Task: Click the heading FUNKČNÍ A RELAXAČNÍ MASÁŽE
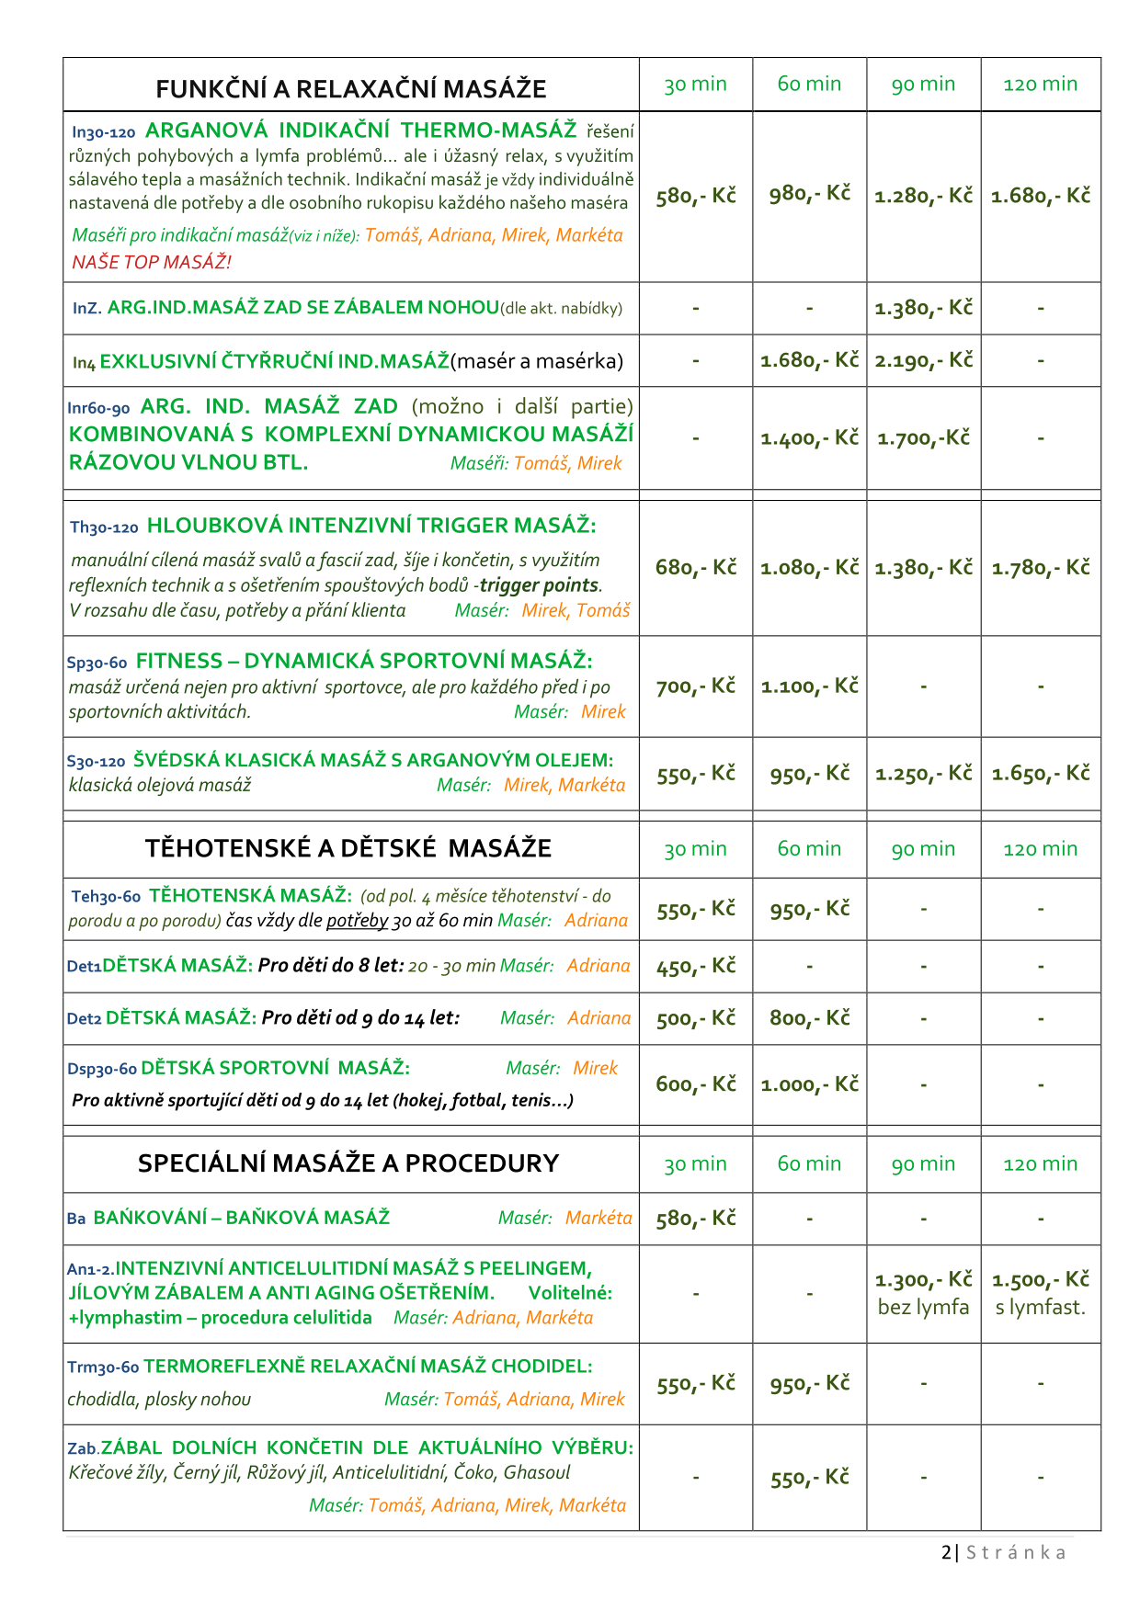click(x=350, y=89)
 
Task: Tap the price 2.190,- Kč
click(x=923, y=360)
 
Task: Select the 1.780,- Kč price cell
click(x=1040, y=568)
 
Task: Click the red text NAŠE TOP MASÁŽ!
click(x=152, y=262)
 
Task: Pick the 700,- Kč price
click(x=695, y=686)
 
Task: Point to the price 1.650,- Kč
click(x=1040, y=774)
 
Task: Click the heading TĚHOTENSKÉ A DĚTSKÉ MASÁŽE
click(x=348, y=848)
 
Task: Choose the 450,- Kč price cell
click(x=695, y=966)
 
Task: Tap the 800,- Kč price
click(x=809, y=1018)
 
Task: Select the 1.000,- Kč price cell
click(x=809, y=1084)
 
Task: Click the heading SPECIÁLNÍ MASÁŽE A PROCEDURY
click(x=348, y=1163)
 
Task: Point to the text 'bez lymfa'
click(x=923, y=1307)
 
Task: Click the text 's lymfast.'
click(x=1040, y=1307)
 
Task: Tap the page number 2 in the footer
click(x=946, y=1552)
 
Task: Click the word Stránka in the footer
click(x=1016, y=1552)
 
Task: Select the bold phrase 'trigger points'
click(x=539, y=585)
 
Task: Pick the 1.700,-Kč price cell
click(x=923, y=438)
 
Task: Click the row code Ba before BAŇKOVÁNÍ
click(x=76, y=1219)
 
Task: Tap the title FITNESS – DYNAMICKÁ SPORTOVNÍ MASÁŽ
click(x=364, y=661)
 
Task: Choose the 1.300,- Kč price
click(x=923, y=1280)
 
